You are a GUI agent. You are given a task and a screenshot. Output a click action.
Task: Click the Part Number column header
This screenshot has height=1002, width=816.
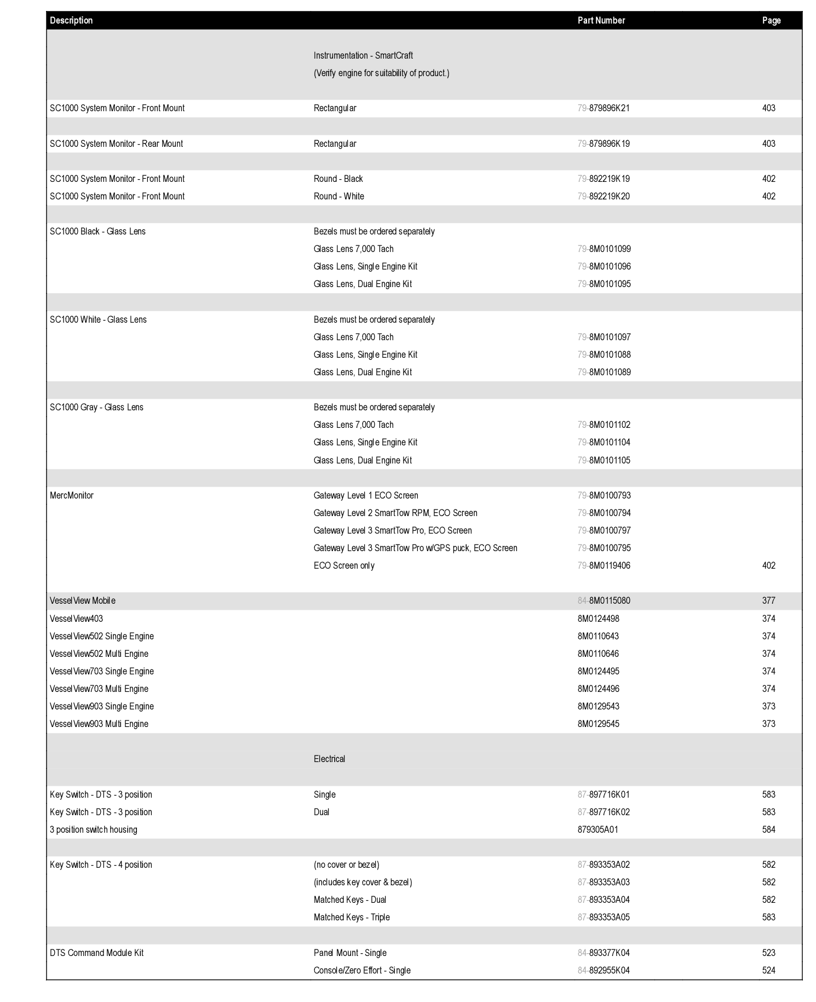click(x=601, y=21)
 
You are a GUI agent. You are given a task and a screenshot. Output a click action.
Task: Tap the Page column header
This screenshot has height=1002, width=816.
click(x=771, y=21)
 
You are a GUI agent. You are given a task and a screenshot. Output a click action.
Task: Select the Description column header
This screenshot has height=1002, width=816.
click(x=71, y=21)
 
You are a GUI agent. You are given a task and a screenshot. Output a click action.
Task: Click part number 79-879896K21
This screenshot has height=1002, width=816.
click(x=604, y=108)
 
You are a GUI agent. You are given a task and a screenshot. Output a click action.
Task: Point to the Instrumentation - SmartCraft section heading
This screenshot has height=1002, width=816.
click(x=363, y=56)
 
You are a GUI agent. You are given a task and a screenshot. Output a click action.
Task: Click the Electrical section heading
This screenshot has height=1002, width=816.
click(x=329, y=759)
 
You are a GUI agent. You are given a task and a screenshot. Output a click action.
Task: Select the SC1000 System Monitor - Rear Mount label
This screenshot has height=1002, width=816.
click(x=116, y=144)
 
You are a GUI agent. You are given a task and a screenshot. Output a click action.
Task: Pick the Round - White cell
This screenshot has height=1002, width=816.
click(x=338, y=197)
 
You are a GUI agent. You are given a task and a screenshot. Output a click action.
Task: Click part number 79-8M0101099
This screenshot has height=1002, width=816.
click(x=604, y=249)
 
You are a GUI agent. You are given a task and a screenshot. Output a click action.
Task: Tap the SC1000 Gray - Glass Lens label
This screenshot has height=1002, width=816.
click(x=96, y=408)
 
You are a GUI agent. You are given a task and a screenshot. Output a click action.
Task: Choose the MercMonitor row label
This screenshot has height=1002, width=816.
click(x=72, y=496)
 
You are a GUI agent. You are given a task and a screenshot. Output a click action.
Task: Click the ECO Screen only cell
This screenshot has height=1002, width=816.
click(x=344, y=566)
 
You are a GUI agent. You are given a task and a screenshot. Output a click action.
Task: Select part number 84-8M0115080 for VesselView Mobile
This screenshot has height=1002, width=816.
click(x=604, y=601)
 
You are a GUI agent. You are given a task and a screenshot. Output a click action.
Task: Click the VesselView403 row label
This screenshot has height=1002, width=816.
click(x=76, y=619)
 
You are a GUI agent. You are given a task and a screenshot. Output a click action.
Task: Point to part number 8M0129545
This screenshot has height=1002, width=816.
click(x=598, y=724)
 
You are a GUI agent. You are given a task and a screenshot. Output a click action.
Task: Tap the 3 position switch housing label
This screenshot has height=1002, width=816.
click(x=93, y=830)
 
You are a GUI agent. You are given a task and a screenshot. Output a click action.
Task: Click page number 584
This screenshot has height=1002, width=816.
click(x=768, y=830)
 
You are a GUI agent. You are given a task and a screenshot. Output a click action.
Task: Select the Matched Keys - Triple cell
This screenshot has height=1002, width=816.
click(x=352, y=918)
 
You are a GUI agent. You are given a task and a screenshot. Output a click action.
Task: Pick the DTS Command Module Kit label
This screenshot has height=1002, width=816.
click(x=96, y=953)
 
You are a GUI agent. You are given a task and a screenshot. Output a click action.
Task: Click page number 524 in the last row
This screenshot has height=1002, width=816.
click(x=768, y=971)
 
